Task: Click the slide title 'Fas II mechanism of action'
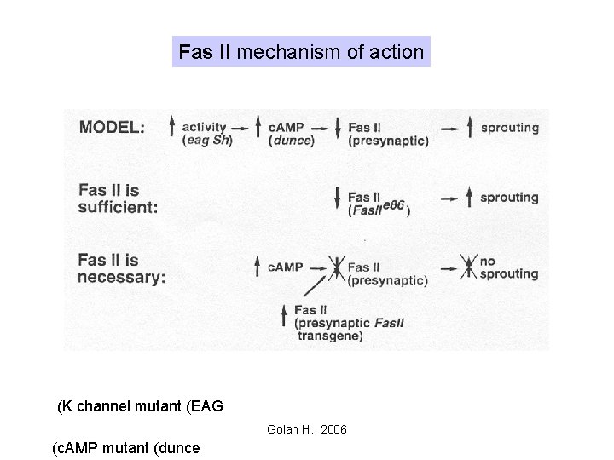[x=301, y=52]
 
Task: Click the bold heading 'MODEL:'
[x=112, y=128]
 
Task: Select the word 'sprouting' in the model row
[x=509, y=128]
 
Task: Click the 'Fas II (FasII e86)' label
[x=379, y=204]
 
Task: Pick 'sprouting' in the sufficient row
[x=509, y=198]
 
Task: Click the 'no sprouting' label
[x=509, y=267]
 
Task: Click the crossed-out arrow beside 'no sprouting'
[x=468, y=268]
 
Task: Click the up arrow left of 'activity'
[x=171, y=129]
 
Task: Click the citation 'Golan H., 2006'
[x=306, y=429]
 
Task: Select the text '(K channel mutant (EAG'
[x=140, y=405]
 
